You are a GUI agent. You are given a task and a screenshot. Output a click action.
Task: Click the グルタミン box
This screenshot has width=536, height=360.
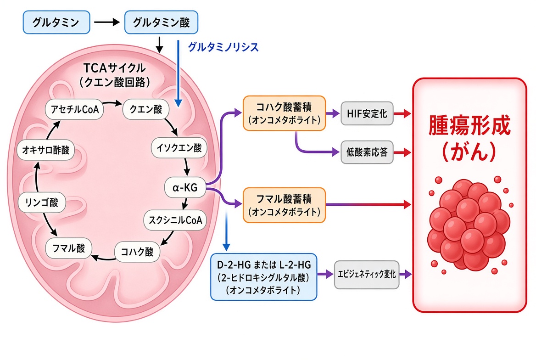56,22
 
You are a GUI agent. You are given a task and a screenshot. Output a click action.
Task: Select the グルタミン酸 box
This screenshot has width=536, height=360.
161,22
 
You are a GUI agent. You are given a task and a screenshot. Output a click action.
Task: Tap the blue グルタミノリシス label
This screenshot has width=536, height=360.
223,47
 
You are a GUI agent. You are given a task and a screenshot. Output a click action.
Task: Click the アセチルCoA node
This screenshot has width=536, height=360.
74,109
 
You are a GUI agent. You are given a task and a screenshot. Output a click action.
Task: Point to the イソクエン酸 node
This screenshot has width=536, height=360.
179,148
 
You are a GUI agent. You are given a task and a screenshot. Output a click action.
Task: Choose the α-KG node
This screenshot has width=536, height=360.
185,187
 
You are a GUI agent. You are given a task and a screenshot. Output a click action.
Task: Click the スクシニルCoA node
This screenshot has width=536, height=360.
175,220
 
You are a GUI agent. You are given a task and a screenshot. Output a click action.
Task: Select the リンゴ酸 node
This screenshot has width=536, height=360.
41,202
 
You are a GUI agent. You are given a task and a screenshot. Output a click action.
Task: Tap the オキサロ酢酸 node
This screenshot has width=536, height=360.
45,150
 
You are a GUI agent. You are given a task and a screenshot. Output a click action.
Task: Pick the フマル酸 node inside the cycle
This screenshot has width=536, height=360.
69,248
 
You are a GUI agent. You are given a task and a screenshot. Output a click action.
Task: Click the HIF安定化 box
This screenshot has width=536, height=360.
367,113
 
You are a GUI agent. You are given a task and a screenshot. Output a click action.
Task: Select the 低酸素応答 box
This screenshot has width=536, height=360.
367,152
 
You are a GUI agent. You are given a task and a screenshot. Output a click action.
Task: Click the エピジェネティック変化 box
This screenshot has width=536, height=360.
367,274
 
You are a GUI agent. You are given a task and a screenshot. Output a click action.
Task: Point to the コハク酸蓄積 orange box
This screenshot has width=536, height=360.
284,113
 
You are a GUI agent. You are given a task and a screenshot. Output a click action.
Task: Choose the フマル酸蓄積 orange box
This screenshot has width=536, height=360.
284,205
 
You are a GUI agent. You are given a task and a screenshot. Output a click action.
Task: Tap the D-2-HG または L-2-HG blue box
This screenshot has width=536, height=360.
263,277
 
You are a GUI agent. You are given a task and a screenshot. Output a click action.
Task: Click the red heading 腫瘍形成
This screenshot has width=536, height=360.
469,125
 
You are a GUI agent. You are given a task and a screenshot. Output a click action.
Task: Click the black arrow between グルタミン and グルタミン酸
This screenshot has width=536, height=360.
106,22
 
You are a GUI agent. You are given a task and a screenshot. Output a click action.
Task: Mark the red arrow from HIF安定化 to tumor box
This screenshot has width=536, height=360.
402,113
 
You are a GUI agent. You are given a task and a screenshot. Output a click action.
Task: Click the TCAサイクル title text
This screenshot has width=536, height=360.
115,68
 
